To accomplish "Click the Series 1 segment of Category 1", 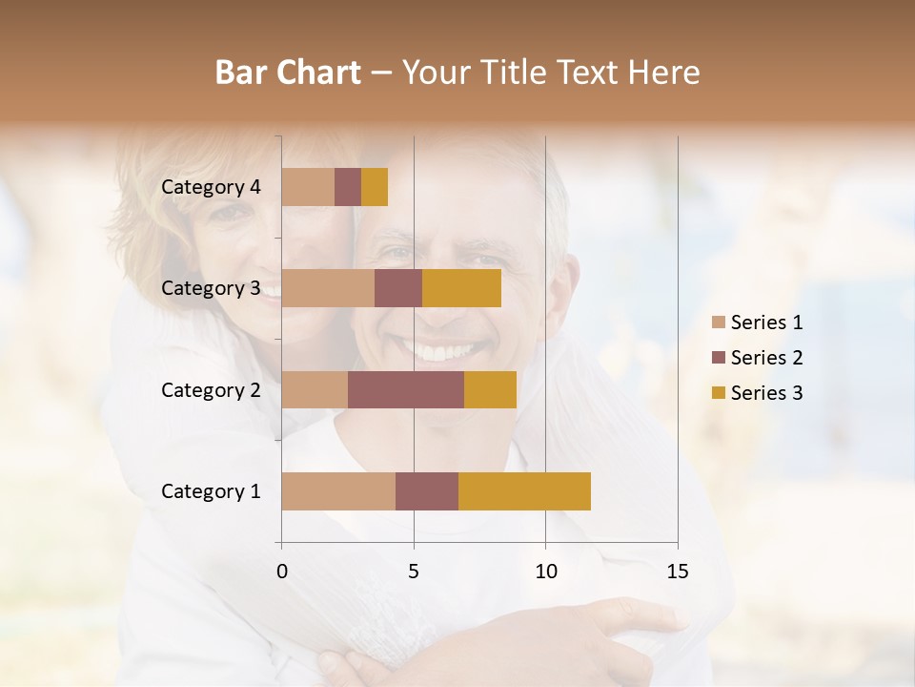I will [338, 491].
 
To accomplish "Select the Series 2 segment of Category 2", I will [406, 389].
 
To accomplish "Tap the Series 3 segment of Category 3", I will [461, 288].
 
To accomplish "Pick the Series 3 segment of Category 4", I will [375, 187].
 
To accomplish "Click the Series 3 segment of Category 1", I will [524, 491].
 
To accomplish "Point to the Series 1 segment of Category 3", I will [328, 288].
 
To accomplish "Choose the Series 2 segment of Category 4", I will [348, 187].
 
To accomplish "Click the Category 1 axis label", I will [211, 491].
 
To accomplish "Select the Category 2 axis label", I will [211, 389].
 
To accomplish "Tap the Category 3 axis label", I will [211, 288].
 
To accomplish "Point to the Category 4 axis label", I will [211, 187].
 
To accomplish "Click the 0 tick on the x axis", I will [281, 572].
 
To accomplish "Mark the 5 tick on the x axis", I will [414, 572].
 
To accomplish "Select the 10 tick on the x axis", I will [545, 572].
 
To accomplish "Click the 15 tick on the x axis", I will [678, 572].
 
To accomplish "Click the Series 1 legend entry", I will [757, 323].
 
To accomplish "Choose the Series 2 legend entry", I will [757, 358].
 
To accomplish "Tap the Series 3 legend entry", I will [757, 393].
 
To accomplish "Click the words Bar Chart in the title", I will [288, 73].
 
